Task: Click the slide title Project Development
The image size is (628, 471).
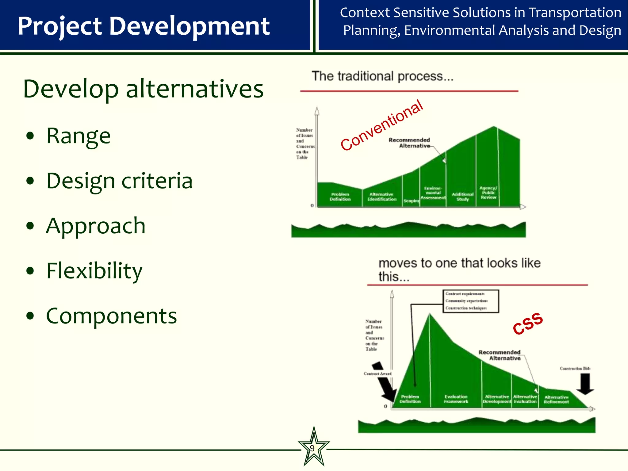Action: pyautogui.click(x=143, y=26)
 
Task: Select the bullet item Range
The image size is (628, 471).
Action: pyautogui.click(x=78, y=136)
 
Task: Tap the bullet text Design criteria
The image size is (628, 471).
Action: pyautogui.click(x=119, y=181)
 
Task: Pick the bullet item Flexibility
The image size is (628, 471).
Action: pyautogui.click(x=94, y=271)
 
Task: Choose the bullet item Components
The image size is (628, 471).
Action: pyautogui.click(x=111, y=316)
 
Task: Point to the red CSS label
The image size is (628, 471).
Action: pyautogui.click(x=528, y=324)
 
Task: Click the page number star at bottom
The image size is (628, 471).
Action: pyautogui.click(x=313, y=448)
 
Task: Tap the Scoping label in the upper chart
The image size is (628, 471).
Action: pyautogui.click(x=411, y=201)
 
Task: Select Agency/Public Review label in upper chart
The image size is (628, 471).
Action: pyautogui.click(x=488, y=193)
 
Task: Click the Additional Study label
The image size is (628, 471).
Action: pyautogui.click(x=462, y=197)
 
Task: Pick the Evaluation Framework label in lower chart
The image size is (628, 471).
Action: pyautogui.click(x=456, y=399)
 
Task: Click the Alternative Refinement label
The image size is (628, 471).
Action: pyautogui.click(x=556, y=400)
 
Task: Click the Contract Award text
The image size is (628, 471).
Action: pyautogui.click(x=377, y=373)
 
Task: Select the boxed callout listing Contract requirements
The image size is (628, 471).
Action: pyautogui.click(x=470, y=301)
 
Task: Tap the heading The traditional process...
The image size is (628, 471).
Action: pyautogui.click(x=382, y=76)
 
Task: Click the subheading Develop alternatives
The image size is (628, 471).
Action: pyautogui.click(x=143, y=89)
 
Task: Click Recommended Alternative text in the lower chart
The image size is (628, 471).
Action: pyautogui.click(x=500, y=355)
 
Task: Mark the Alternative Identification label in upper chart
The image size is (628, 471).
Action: pyautogui.click(x=382, y=197)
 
